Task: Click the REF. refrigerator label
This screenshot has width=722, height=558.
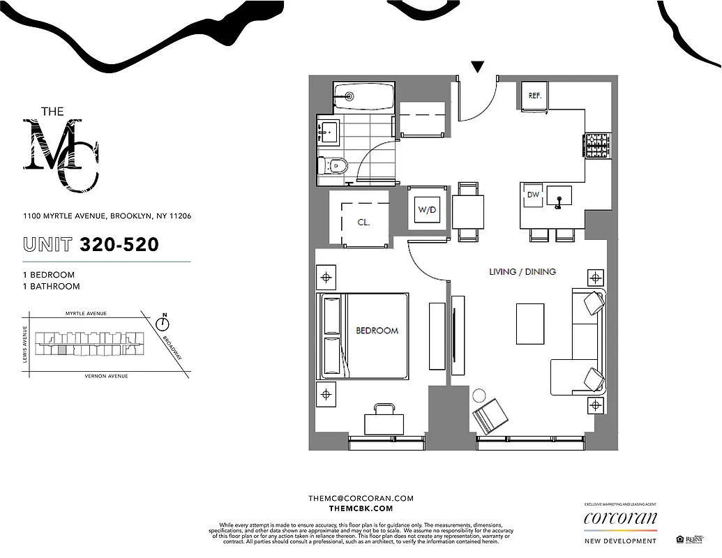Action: (535, 95)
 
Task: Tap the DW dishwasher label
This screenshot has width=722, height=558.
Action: (534, 195)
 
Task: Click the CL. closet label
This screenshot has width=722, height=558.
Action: (363, 223)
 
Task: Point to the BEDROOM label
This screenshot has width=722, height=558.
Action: (377, 331)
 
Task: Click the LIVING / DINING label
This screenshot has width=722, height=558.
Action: (522, 271)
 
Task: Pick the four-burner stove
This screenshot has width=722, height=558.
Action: (597, 146)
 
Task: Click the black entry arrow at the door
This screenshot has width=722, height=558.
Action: (477, 67)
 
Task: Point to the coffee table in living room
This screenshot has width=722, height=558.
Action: (531, 323)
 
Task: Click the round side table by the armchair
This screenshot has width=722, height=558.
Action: (479, 395)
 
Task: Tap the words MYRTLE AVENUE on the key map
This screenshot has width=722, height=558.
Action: (86, 314)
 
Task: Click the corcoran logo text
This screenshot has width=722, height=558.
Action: (620, 518)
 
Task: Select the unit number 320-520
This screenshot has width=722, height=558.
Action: (119, 245)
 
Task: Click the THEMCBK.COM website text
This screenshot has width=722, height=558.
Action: (361, 509)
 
